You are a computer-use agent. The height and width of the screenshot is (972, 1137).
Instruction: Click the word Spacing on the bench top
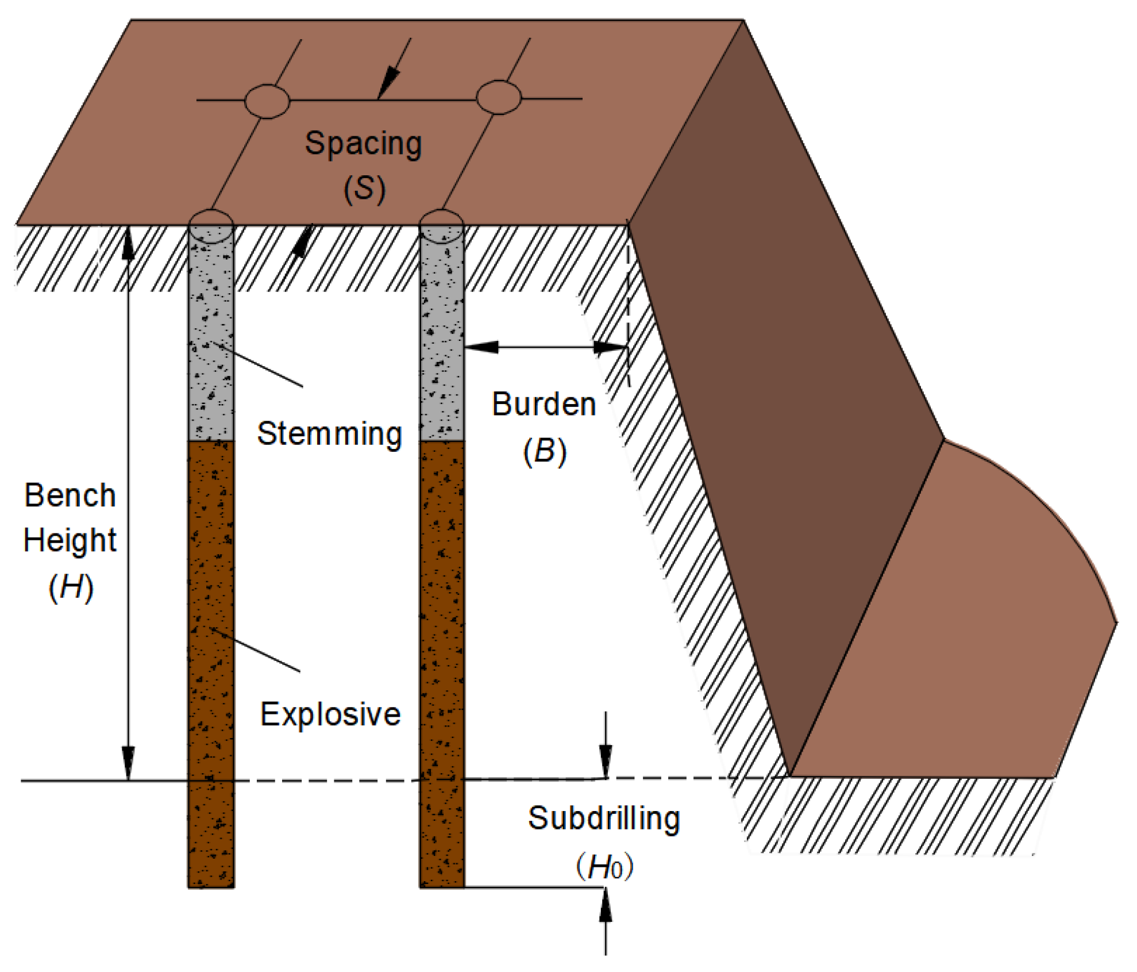[363, 143]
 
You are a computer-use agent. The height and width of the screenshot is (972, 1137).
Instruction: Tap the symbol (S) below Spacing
[364, 189]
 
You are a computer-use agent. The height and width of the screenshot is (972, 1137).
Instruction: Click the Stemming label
[329, 433]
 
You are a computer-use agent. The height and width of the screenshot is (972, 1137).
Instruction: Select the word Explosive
[330, 714]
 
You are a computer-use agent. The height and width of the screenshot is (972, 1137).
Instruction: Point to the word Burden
[544, 404]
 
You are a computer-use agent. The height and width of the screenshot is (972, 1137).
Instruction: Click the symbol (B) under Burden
[545, 451]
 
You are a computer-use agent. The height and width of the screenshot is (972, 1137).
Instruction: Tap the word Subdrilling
[604, 818]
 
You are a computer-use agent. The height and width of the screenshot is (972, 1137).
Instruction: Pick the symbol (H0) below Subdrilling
[604, 866]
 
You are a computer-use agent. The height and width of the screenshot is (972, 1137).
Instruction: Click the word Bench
[70, 495]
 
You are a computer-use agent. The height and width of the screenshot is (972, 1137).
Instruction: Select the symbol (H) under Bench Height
[71, 587]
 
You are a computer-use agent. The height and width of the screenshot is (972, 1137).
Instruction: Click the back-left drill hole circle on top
[267, 101]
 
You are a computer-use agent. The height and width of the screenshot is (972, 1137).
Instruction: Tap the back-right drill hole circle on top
[499, 98]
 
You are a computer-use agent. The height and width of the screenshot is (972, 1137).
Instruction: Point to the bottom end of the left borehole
[211, 885]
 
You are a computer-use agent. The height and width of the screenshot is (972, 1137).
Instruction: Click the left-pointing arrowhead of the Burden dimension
[480, 347]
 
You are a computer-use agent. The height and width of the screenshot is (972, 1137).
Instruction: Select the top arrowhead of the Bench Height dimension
[128, 244]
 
